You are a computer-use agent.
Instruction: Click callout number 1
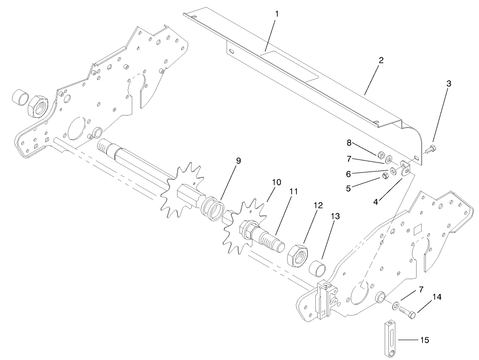pyautogui.click(x=277, y=14)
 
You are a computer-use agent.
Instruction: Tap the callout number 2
pyautogui.click(x=381, y=60)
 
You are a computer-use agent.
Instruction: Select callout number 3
pyautogui.click(x=448, y=84)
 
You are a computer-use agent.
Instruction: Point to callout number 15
pyautogui.click(x=424, y=340)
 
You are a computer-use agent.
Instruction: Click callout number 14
pyautogui.click(x=436, y=297)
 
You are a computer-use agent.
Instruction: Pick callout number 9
pyautogui.click(x=238, y=161)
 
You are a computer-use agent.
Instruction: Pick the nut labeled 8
pyautogui.click(x=381, y=155)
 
